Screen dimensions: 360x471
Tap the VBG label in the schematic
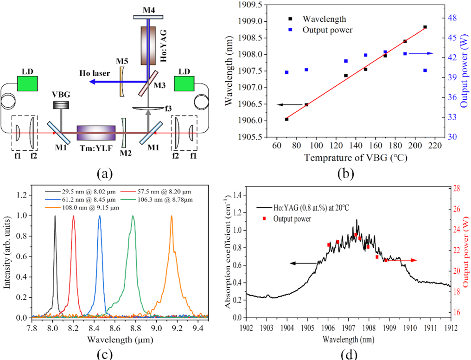[61, 94]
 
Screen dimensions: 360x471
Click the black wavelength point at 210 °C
[425, 27]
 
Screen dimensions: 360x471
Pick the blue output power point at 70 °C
[286, 72]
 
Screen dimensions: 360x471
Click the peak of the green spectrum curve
[133, 216]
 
